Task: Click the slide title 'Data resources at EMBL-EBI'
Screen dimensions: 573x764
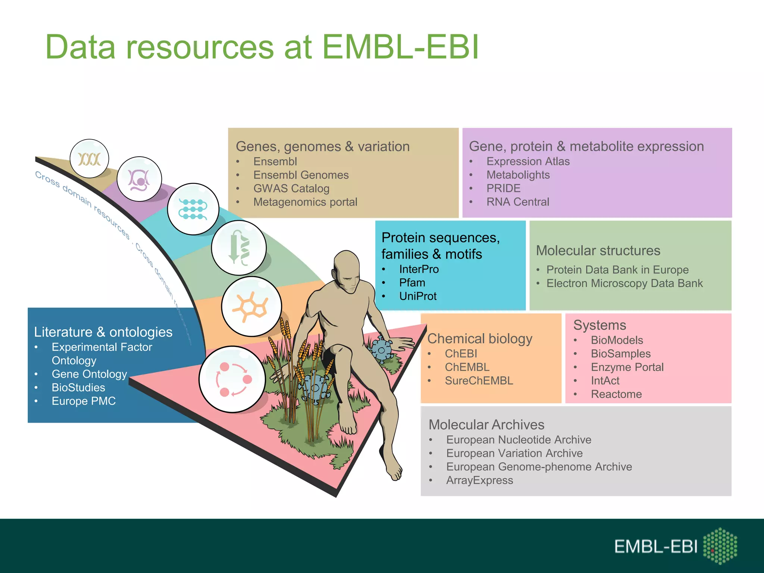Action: [x=262, y=47]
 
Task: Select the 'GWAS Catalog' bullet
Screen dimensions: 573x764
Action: [x=291, y=188]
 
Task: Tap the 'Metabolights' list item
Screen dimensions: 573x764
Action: [x=518, y=175]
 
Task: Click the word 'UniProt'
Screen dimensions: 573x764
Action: [x=417, y=296]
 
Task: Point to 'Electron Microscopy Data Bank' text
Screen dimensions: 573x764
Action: [x=624, y=284]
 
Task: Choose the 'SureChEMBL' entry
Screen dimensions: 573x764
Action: [x=479, y=381]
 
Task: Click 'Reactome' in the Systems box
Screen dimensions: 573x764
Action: [x=616, y=394]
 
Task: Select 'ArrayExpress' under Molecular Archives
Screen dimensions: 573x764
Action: [x=479, y=480]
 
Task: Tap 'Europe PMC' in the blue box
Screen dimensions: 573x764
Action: [x=84, y=401]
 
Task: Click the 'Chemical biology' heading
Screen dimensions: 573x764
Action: [x=479, y=339]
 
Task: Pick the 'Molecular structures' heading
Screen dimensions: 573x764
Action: [x=598, y=251]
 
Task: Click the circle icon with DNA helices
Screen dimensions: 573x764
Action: [x=89, y=159]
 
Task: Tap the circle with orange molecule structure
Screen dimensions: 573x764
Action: [x=251, y=306]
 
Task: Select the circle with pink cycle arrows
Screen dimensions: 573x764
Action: [x=232, y=379]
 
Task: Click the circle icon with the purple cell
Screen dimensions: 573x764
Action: [x=139, y=179]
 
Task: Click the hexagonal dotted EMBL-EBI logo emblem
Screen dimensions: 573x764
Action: [x=720, y=546]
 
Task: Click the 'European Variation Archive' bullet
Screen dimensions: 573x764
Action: [x=514, y=453]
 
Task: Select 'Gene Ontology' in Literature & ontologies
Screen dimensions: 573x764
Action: [x=89, y=374]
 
